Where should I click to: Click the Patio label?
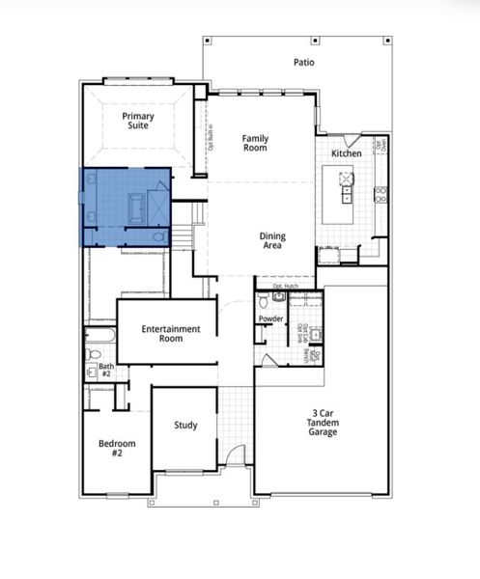click(x=304, y=63)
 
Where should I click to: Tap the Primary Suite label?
click(x=138, y=121)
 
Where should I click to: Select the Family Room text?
click(x=255, y=144)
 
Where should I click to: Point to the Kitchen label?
click(x=347, y=154)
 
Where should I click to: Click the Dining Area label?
click(x=271, y=241)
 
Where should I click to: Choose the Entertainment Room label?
click(x=171, y=334)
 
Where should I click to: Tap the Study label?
click(x=185, y=425)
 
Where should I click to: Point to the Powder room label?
click(x=270, y=318)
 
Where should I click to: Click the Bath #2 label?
click(x=105, y=371)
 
